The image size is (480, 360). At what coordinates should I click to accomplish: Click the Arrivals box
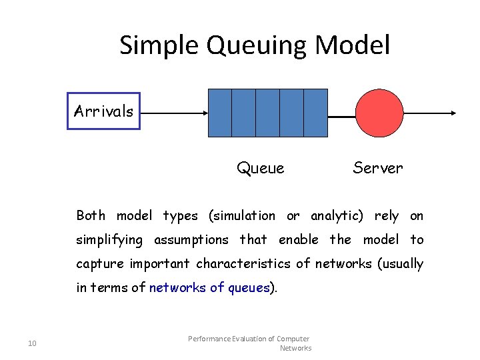point(103,111)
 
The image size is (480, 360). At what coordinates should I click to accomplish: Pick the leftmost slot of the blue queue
point(220,113)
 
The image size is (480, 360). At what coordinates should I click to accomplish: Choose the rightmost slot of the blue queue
point(315,113)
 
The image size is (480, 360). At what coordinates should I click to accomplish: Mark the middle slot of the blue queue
point(267,113)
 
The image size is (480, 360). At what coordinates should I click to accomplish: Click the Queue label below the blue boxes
point(260,168)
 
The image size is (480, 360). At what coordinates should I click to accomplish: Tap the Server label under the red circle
point(377,168)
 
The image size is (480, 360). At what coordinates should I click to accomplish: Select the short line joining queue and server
point(341,117)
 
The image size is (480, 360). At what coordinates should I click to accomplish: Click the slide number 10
point(32,343)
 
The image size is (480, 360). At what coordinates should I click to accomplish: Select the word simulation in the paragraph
point(244,215)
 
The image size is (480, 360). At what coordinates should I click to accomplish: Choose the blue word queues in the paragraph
point(249,287)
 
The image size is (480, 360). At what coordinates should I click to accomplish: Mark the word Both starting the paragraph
point(91,215)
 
